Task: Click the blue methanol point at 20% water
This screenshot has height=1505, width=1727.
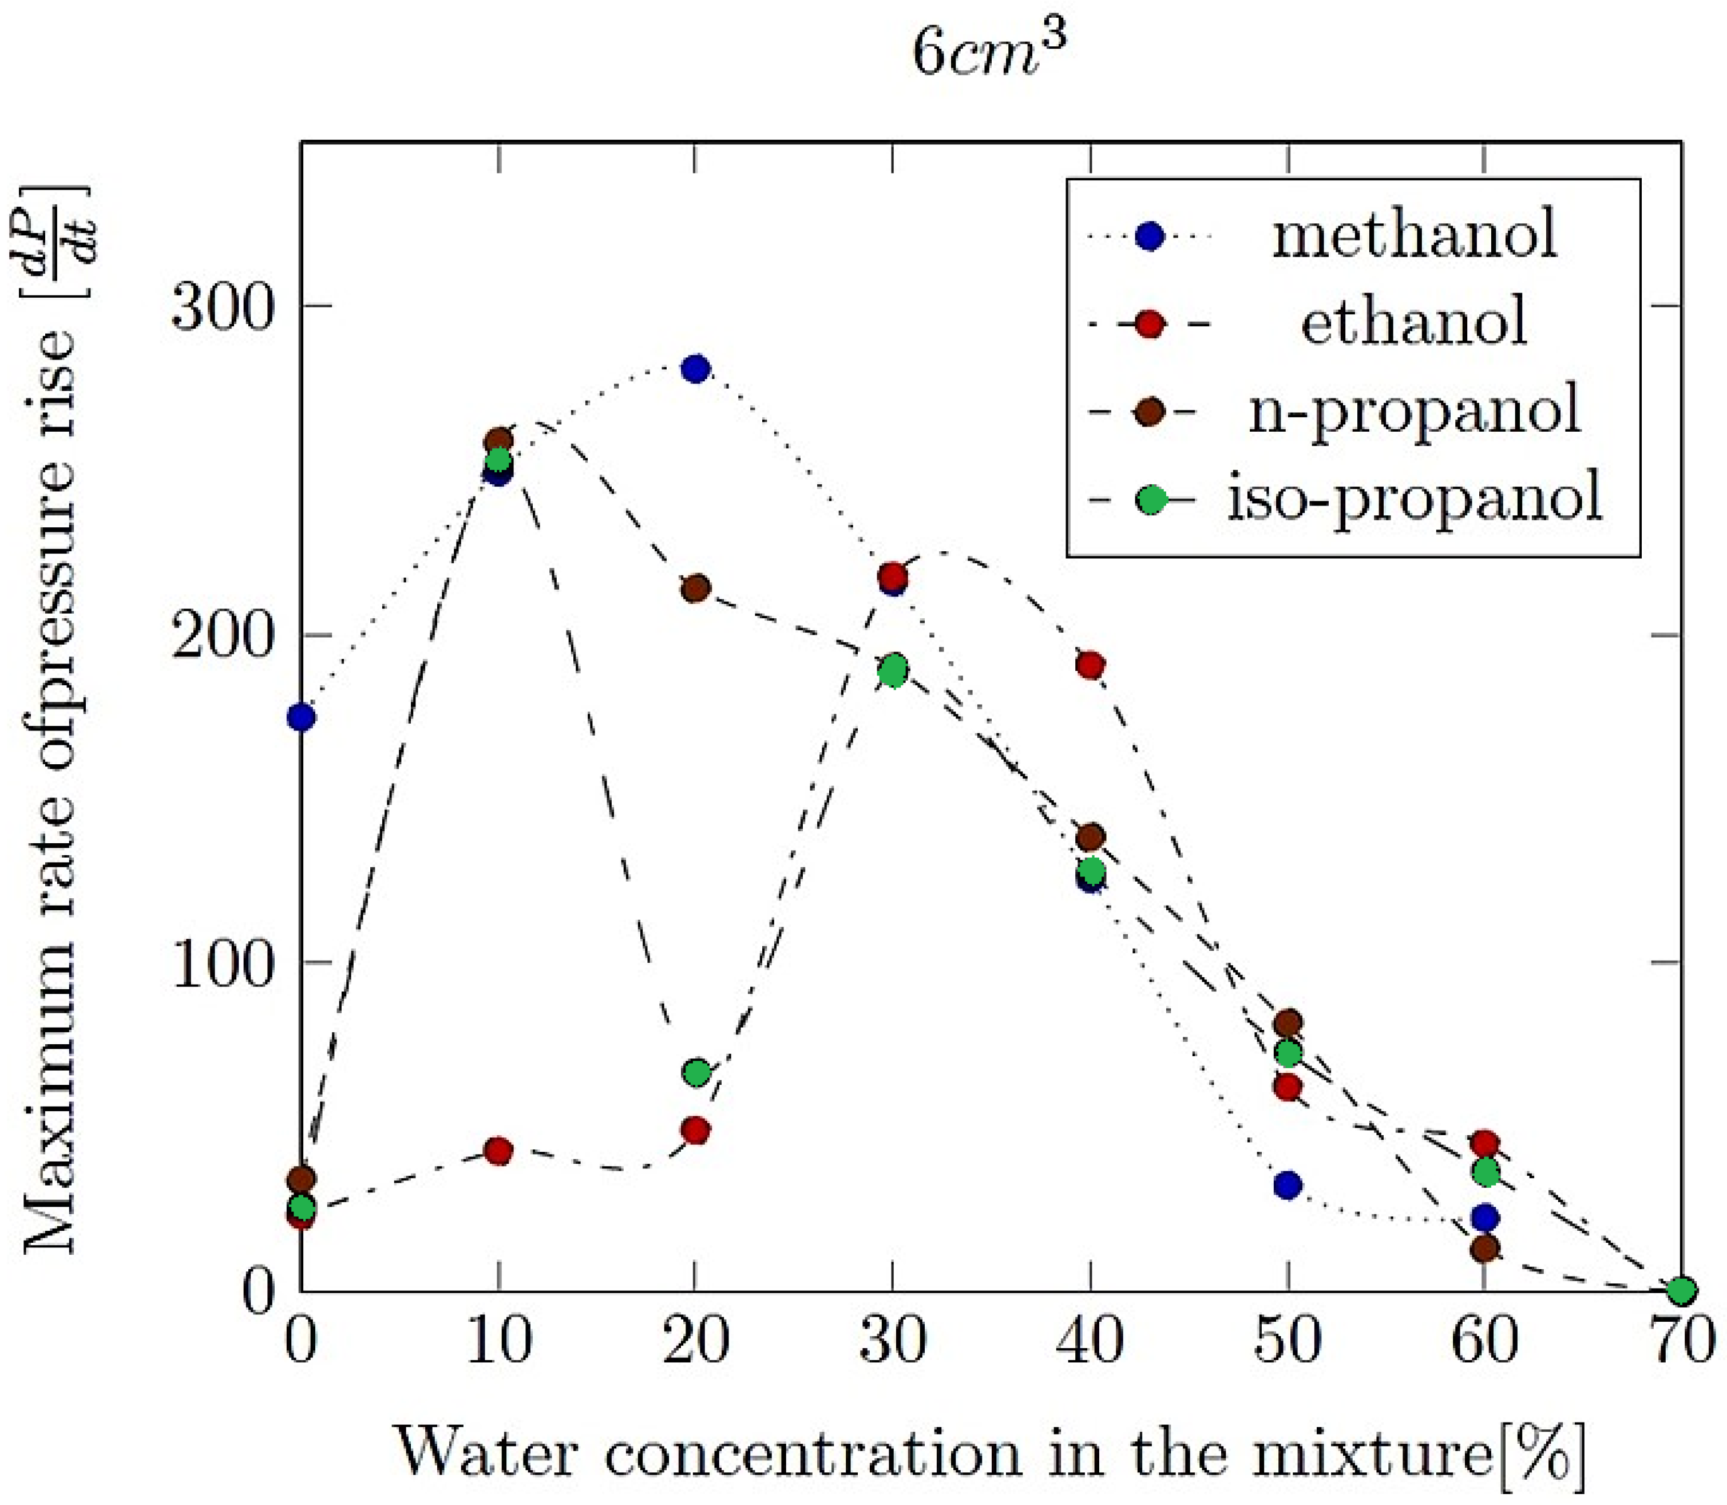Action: pos(695,369)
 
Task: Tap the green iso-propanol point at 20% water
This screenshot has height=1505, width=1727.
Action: pos(696,1072)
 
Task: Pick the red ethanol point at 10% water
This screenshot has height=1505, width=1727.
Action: pos(499,1151)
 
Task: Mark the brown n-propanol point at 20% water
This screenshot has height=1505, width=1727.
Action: pos(695,588)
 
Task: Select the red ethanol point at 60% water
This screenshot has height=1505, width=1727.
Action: pos(1484,1144)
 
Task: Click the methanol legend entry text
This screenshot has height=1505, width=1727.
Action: pos(1415,236)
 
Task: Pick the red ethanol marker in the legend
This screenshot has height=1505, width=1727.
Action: pos(1150,324)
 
